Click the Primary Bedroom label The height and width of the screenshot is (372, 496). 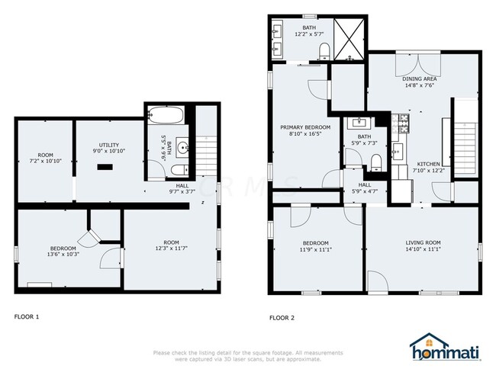pos(305,127)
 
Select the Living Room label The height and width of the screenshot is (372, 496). pos(423,242)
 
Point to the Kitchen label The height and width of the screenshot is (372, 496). pos(427,164)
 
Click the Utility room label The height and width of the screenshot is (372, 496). pos(108,145)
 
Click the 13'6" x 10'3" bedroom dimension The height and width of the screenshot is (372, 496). pos(63,255)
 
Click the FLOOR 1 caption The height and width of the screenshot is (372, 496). pos(27,316)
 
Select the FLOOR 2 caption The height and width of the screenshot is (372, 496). pos(282,316)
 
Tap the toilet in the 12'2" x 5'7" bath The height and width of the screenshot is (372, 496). pos(324,50)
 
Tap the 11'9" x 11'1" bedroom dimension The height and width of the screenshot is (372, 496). pos(316,249)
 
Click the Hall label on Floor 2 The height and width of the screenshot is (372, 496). pos(365,185)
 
